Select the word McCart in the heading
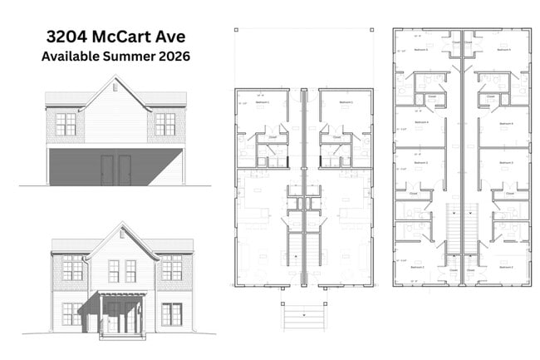[x=127, y=37]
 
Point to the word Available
[x=71, y=57]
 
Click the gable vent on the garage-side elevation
[x=115, y=87]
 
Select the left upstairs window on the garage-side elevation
[x=66, y=124]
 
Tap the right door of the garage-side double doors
[x=125, y=170]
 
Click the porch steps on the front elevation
[x=122, y=335]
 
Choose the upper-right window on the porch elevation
[x=171, y=268]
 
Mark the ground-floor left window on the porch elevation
[x=72, y=314]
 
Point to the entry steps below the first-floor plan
[x=303, y=315]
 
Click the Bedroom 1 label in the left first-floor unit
[x=262, y=103]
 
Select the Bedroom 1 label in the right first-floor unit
[x=343, y=103]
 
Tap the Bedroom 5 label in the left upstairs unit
[x=421, y=50]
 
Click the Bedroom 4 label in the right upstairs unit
[x=503, y=122]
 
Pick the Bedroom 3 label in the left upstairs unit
[x=421, y=163]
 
